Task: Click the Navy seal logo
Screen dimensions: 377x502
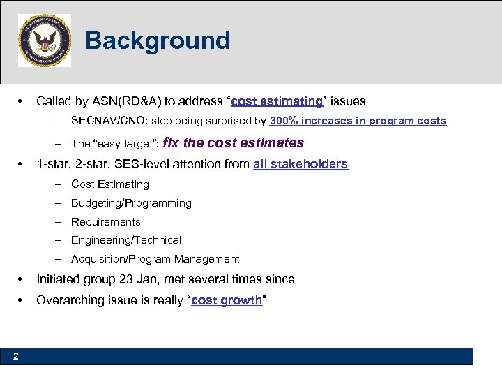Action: tap(45, 40)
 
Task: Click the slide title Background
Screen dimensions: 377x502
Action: tap(158, 40)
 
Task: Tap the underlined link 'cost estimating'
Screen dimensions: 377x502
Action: tap(276, 101)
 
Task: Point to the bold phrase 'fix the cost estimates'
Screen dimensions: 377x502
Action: tap(233, 143)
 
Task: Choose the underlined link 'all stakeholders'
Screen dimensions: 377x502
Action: tap(301, 164)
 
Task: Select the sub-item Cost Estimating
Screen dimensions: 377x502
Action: tap(110, 184)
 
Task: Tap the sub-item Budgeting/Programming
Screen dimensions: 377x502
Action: tap(131, 203)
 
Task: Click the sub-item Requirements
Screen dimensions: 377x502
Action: tap(106, 222)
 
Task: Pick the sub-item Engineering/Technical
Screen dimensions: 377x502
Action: tap(126, 240)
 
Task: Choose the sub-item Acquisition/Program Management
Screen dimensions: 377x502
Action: tap(155, 259)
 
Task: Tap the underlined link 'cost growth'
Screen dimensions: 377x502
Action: tap(227, 301)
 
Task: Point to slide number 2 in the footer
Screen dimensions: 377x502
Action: tap(15, 357)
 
